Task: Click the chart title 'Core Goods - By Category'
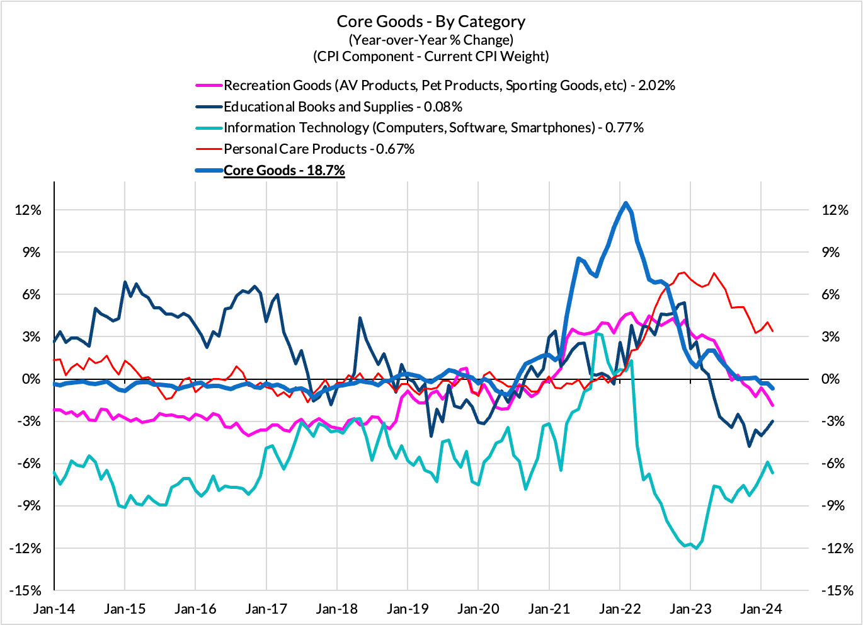tap(431, 21)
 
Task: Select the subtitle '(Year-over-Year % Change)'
tap(431, 40)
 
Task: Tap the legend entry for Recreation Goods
tap(449, 85)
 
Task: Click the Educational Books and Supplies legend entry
tap(343, 106)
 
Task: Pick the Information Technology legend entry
tap(433, 128)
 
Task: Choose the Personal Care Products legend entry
tap(319, 149)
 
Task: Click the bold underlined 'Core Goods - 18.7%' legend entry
tap(284, 171)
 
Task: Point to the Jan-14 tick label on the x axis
tap(54, 609)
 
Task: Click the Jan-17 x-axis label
tap(266, 609)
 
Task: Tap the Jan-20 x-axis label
tap(478, 609)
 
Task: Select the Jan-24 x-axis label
tap(761, 609)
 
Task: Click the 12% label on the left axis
tap(28, 210)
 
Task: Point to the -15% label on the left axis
tap(26, 591)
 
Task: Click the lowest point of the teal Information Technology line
tap(696, 548)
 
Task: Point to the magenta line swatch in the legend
tap(209, 85)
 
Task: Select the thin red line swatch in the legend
tap(209, 149)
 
